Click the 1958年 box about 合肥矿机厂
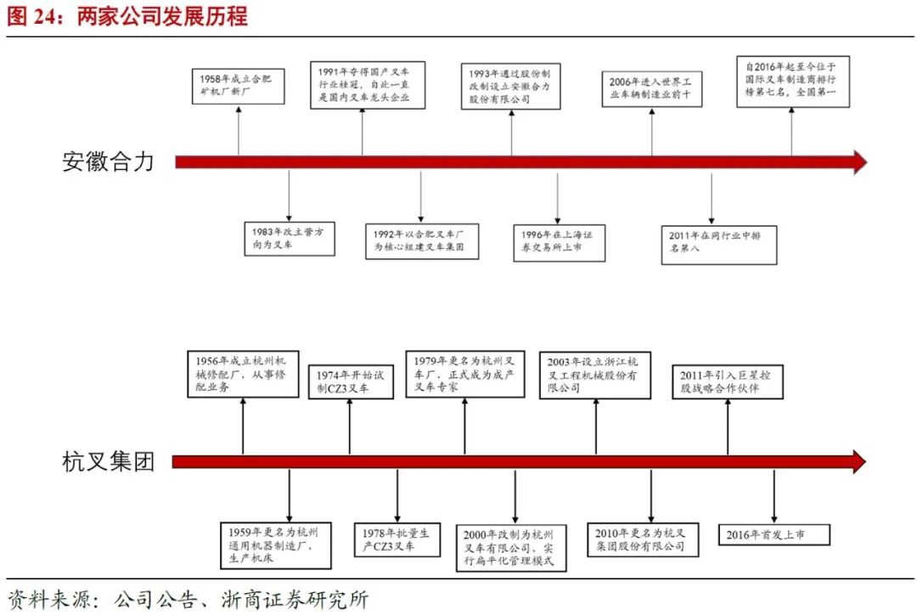[x=238, y=86]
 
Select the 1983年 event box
[x=290, y=237]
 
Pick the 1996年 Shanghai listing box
[x=559, y=241]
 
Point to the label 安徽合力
[x=108, y=161]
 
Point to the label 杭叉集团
[x=108, y=462]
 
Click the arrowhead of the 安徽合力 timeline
[x=859, y=161]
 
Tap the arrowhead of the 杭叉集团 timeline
[x=858, y=462]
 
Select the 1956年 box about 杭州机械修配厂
[x=243, y=374]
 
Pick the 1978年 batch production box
[x=397, y=540]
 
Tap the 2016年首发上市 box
[x=774, y=534]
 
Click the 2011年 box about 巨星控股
[x=728, y=381]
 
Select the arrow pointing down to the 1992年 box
[x=421, y=196]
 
